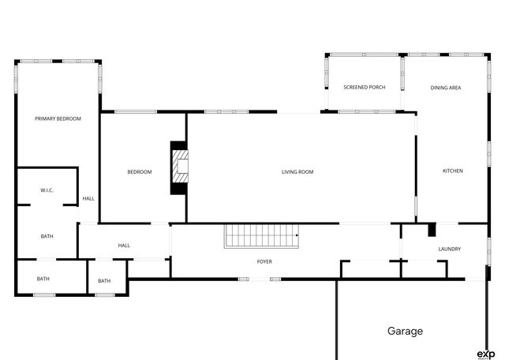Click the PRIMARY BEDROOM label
pos(58,118)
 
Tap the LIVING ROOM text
pos(297,171)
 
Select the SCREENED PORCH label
pos(364,87)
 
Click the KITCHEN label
pos(452,171)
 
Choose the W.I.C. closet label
pos(47,191)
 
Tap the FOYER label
pos(264,261)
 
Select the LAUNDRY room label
pos(449,249)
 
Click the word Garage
pos(405,332)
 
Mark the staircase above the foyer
pos(262,235)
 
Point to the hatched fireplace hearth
pos(181,167)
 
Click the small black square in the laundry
pos(432,231)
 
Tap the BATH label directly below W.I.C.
pos(47,235)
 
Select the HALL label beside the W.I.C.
pos(88,198)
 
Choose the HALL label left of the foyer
pos(124,246)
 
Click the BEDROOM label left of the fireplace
pos(140,171)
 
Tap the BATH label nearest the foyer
pos(104,281)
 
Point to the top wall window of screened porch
pos(364,54)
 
